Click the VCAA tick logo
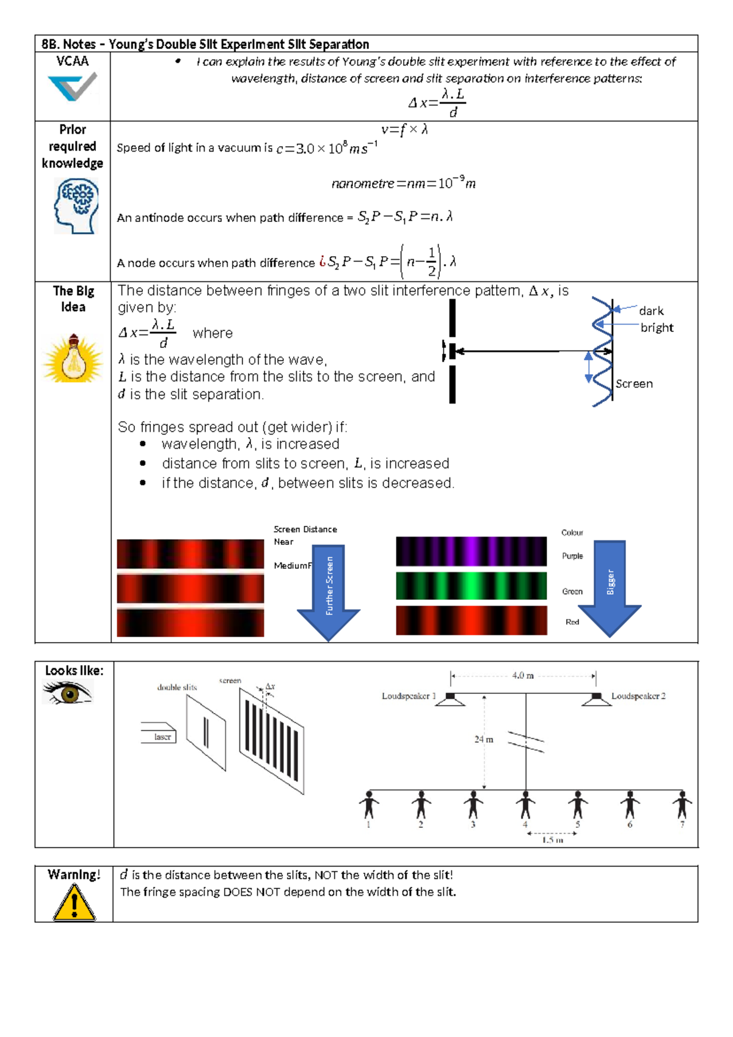click(73, 87)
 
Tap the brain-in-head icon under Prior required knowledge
click(76, 206)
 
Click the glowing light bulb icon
click(73, 360)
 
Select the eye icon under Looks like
click(68, 693)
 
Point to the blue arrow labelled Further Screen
click(329, 590)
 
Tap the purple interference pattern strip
click(471, 551)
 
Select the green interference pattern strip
click(471, 586)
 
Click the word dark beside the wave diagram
click(651, 311)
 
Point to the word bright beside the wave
click(657, 328)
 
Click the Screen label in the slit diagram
click(634, 384)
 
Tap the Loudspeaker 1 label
click(409, 696)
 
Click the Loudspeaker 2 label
click(638, 696)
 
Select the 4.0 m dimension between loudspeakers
click(523, 676)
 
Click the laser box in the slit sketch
click(159, 733)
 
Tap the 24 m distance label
click(483, 740)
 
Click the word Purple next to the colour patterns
click(572, 556)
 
